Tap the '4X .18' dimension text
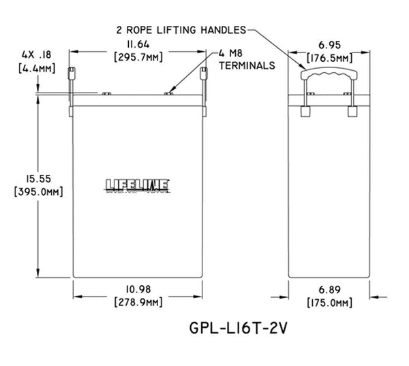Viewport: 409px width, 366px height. click(31, 52)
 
